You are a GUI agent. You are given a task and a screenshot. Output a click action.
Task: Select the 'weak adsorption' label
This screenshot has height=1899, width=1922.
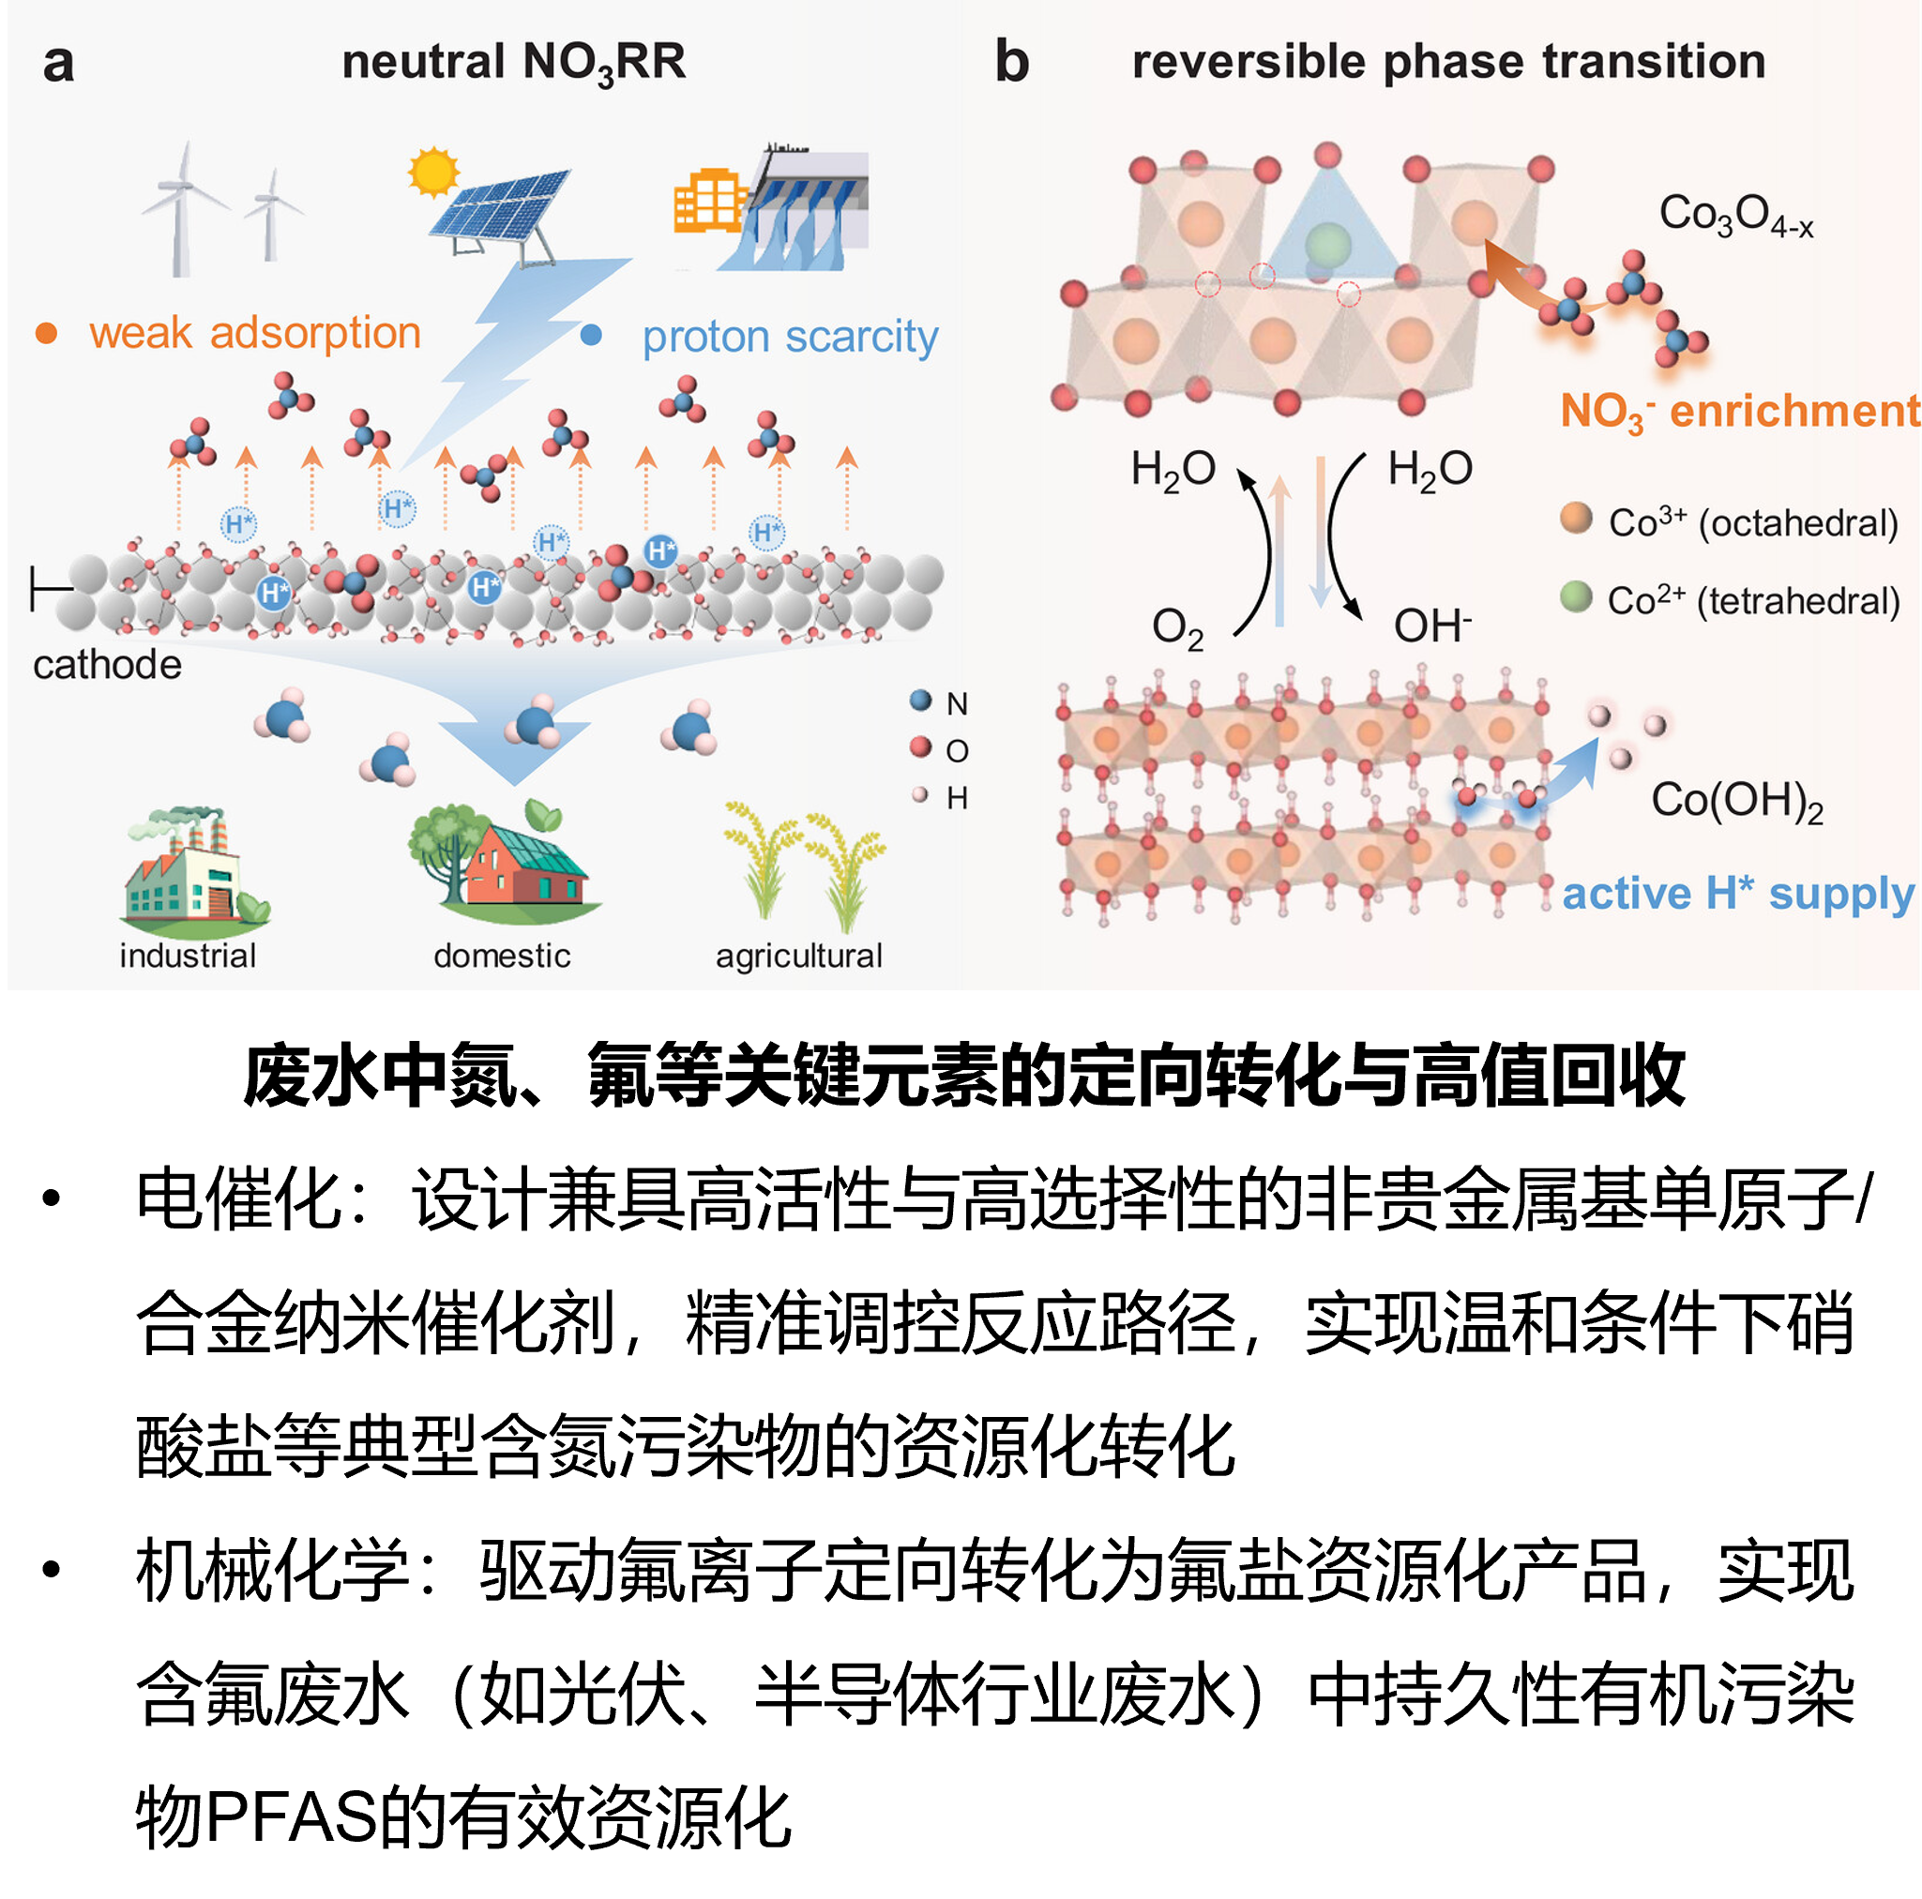point(256,332)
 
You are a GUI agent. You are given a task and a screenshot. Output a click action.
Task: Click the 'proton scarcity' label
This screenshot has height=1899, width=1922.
point(790,338)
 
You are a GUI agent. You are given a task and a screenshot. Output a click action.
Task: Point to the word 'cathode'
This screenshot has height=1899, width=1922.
point(108,665)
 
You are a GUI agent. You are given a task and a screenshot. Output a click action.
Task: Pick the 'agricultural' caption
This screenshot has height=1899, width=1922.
point(799,956)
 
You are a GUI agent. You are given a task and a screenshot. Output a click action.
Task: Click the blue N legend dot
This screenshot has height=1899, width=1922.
point(921,701)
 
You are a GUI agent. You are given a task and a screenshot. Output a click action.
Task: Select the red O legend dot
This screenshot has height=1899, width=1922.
point(921,747)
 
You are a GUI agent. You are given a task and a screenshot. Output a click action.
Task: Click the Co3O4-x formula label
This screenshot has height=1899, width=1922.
point(1736,216)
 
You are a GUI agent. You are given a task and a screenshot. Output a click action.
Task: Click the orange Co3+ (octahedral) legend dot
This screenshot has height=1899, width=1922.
point(1576,518)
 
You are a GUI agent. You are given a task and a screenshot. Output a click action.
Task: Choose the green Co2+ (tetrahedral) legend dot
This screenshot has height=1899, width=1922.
point(1576,595)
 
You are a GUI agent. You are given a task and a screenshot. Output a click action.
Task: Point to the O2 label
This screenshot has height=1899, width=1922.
point(1178,628)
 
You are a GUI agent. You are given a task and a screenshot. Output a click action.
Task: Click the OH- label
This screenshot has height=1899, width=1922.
point(1432,625)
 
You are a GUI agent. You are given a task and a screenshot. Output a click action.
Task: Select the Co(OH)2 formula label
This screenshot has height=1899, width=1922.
point(1737,801)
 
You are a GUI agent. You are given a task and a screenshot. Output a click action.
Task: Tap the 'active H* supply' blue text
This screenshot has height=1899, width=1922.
point(1738,895)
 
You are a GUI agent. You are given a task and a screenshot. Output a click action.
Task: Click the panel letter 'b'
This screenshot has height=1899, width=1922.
point(1012,62)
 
